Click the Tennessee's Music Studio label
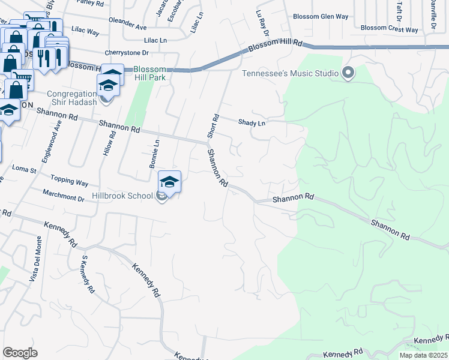(x=290, y=74)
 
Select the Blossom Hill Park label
(x=150, y=73)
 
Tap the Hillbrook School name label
(x=123, y=196)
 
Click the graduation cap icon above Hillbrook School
(x=170, y=182)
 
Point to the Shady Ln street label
(x=252, y=122)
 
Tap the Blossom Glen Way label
(x=320, y=17)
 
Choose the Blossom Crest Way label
(x=390, y=28)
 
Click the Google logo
(x=20, y=353)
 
